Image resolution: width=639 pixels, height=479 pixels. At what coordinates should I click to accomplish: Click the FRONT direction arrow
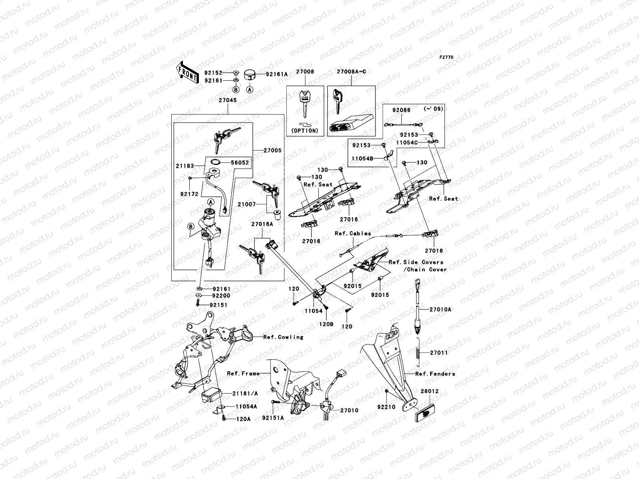[188, 72]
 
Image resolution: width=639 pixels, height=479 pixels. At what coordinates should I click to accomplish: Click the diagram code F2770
[447, 57]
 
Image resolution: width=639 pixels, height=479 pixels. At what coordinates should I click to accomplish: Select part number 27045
[227, 101]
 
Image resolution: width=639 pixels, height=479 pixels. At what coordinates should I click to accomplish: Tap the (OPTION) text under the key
[305, 131]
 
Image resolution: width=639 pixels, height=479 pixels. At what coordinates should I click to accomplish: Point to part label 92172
[189, 194]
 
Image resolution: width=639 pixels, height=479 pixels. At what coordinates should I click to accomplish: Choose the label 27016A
[262, 224]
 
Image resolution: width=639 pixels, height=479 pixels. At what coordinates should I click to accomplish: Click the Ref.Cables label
[353, 234]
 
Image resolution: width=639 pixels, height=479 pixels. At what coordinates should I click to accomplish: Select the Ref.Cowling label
[283, 337]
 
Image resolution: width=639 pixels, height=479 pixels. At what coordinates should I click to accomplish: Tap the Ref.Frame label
[243, 374]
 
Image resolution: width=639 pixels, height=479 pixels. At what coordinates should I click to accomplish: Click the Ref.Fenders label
[435, 374]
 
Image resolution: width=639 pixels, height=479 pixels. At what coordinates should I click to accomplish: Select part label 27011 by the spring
[439, 353]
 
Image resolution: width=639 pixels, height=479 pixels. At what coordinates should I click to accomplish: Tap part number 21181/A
[245, 393]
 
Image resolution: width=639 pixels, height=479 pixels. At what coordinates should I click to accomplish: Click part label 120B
[326, 325]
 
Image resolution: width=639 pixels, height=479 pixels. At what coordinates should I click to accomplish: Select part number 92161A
[277, 74]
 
